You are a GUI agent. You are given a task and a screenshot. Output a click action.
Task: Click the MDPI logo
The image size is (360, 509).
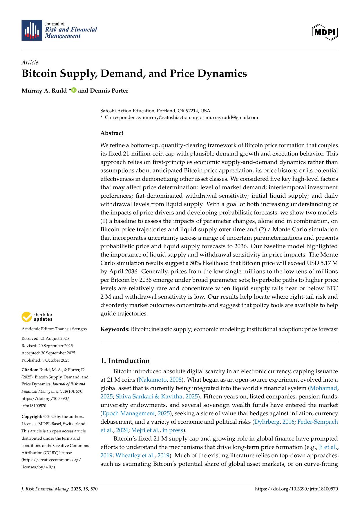pos(325,32)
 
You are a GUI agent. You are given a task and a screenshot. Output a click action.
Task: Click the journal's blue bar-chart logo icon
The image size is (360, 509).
pos(32,30)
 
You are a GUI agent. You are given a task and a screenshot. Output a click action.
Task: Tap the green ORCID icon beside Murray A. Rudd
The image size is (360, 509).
pos(74,90)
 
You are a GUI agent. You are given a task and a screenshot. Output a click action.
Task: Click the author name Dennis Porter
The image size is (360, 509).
pos(109,91)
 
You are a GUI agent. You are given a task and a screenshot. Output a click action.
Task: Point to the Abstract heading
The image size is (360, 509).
pos(112,133)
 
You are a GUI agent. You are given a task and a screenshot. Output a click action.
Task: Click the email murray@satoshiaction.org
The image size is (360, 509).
pos(171,118)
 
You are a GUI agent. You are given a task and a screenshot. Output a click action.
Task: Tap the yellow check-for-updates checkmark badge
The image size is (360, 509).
pos(27,317)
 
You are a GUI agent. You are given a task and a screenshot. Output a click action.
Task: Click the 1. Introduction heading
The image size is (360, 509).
pos(125,361)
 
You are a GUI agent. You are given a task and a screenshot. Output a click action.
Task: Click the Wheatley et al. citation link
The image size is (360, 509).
pos(135,455)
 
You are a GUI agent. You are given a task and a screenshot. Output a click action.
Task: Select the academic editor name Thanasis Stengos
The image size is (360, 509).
pos(71,329)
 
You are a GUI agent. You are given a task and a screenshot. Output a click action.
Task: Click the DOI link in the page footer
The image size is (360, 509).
pos(296,489)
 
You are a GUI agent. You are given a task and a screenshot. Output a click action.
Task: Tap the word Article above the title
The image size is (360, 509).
pos(30,62)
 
